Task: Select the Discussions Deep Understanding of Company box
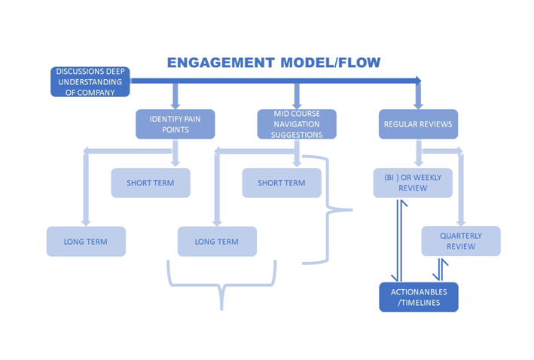coord(90,82)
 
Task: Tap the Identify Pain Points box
coord(175,124)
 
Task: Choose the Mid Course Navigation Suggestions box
coord(297,124)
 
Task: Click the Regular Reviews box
coord(417,124)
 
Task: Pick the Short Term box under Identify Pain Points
coord(151,183)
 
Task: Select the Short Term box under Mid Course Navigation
coord(281,183)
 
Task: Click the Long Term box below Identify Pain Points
coord(86,242)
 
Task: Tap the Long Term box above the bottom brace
coord(217,242)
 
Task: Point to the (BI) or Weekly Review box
coord(413,183)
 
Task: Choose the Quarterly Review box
coord(460,242)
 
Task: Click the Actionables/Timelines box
coord(418,297)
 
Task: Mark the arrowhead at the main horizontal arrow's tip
coord(417,78)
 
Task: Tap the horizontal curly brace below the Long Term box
coord(221,286)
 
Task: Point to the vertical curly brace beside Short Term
coord(331,211)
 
